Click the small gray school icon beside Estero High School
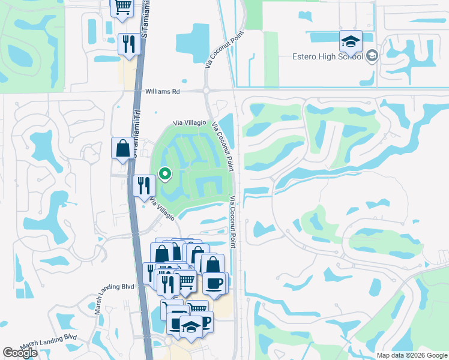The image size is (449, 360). [x=372, y=56]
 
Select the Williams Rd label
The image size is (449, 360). [x=163, y=92]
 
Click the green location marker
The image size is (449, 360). [x=165, y=174]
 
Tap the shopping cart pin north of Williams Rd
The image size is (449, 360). [x=123, y=7]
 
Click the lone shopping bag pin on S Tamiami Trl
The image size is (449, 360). [x=122, y=148]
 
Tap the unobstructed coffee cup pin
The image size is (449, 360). [x=214, y=283]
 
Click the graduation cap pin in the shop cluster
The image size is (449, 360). [x=191, y=327]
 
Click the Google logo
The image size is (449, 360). [x=20, y=353]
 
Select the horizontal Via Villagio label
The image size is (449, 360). [x=190, y=123]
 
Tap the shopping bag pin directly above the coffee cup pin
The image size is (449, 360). [x=212, y=265]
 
